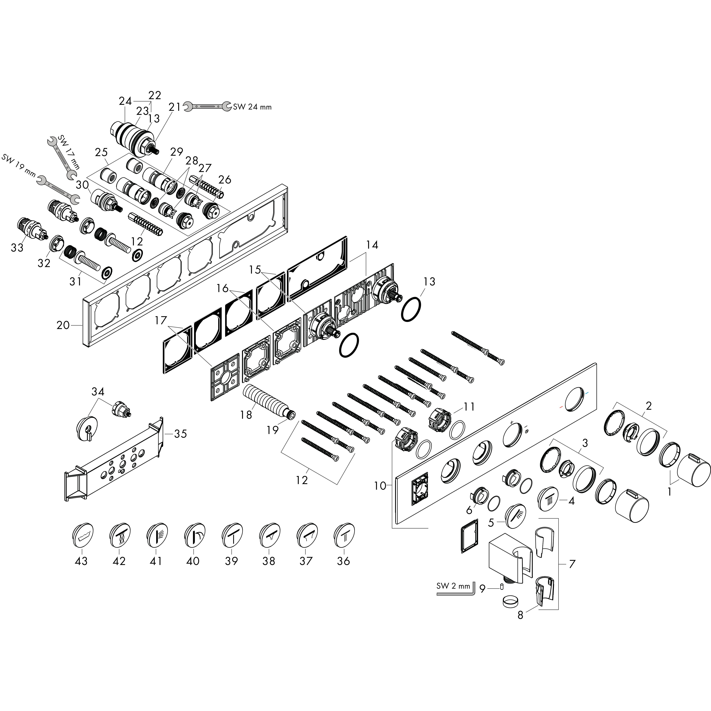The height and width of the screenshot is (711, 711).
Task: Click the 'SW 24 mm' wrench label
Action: coord(252,107)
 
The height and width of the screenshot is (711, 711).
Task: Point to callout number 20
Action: coord(63,325)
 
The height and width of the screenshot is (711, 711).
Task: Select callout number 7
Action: coord(571,564)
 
